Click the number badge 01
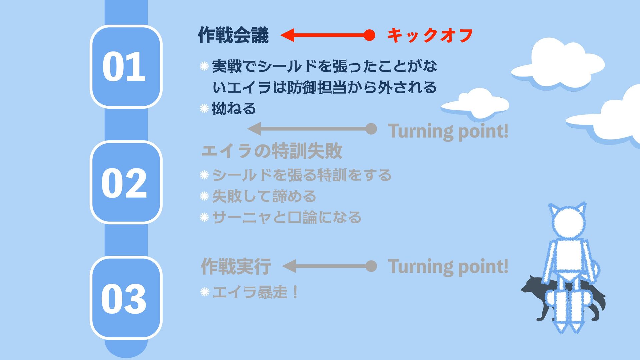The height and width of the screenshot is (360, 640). [126, 66]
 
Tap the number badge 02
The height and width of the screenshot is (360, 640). [126, 182]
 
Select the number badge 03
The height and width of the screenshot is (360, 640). [126, 298]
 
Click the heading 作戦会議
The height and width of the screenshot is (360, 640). [233, 35]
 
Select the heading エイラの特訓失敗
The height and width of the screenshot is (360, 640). [272, 151]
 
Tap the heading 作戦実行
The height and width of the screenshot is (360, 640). [236, 266]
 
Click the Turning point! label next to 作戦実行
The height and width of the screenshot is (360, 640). [448, 266]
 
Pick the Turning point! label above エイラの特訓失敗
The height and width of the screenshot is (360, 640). [448, 131]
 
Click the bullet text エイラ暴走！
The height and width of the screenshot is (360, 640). [255, 292]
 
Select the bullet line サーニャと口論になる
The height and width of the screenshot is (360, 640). [287, 217]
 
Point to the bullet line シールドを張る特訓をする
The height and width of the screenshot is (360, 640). [302, 175]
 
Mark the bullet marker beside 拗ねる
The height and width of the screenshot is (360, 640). [204, 108]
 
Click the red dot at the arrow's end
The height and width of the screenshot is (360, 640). [369, 35]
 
